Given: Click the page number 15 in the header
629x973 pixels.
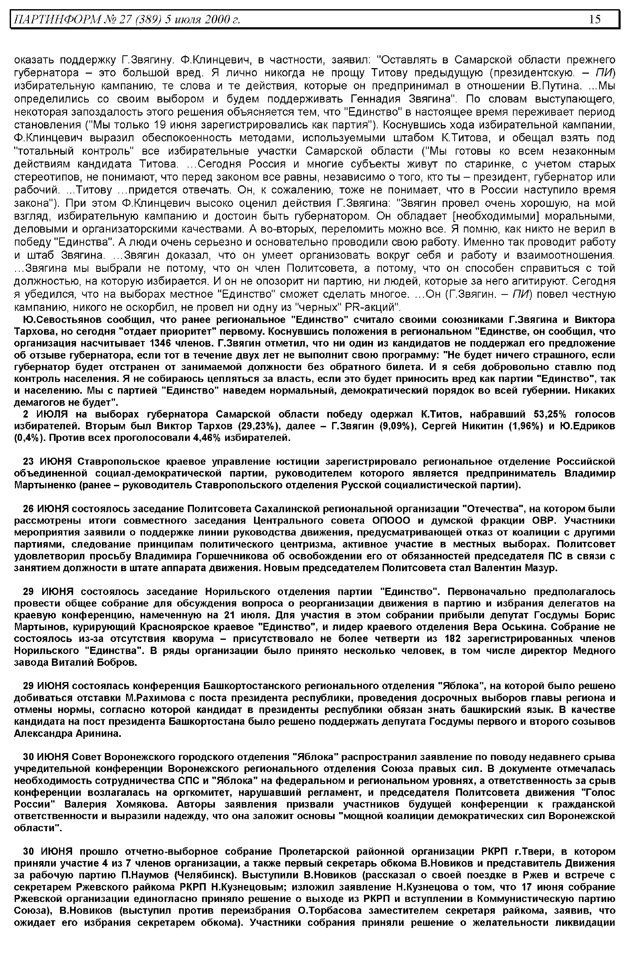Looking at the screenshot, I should (x=595, y=19).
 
